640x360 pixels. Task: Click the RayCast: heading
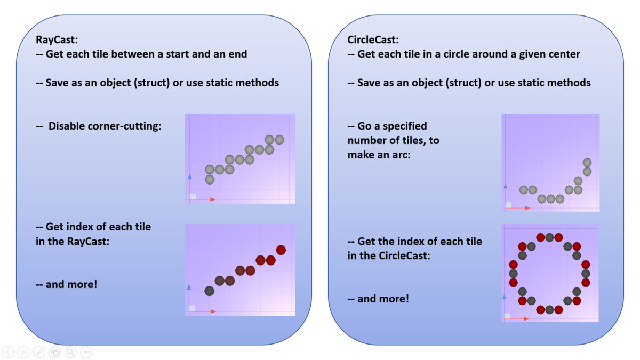(57, 39)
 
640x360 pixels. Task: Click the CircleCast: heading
(373, 39)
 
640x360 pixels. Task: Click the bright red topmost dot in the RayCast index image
(281, 250)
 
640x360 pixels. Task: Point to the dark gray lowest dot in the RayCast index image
(210, 291)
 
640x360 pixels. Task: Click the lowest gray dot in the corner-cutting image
(210, 179)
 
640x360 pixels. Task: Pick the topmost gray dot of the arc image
(587, 163)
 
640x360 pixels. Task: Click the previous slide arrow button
(8, 352)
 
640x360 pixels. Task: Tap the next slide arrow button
(23, 352)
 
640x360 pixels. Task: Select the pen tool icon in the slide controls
(39, 352)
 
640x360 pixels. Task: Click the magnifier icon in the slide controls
(70, 352)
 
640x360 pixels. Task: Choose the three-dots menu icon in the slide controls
(86, 352)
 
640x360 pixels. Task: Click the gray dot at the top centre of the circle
(549, 237)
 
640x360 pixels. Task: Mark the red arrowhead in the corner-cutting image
(213, 199)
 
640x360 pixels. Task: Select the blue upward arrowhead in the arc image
(506, 186)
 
